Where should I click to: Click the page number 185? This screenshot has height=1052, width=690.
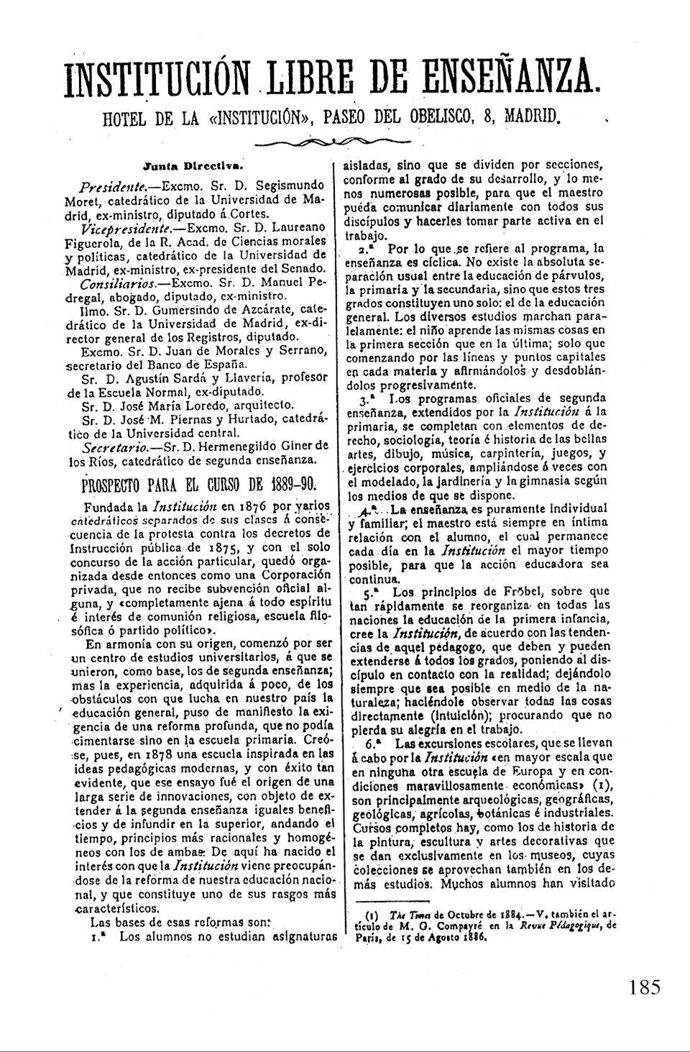click(643, 987)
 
